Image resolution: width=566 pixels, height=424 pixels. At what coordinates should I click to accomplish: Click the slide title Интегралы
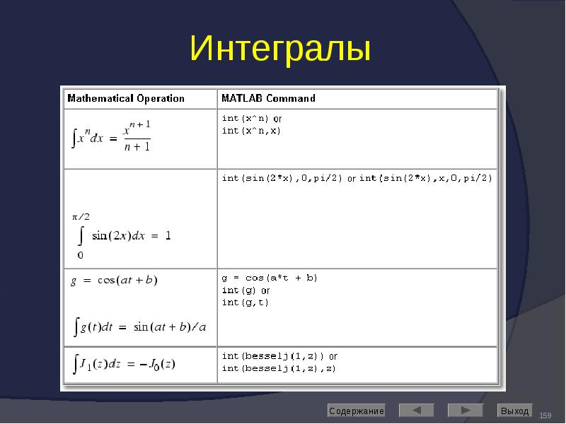[x=280, y=49]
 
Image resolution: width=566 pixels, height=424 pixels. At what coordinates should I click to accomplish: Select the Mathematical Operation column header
[x=126, y=98]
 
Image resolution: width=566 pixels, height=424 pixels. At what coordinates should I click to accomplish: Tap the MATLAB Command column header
[x=268, y=98]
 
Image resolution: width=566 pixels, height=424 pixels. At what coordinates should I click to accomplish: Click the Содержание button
[x=357, y=411]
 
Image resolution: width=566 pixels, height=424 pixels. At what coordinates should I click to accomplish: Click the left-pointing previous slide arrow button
[x=416, y=411]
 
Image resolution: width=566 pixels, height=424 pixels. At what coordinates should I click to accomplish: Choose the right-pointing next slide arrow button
[x=466, y=411]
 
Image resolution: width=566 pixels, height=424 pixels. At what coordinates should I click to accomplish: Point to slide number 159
[x=545, y=416]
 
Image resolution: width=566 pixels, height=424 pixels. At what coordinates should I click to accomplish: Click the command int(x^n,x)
[x=251, y=131]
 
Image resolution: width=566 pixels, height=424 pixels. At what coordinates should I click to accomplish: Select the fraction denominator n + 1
[x=137, y=147]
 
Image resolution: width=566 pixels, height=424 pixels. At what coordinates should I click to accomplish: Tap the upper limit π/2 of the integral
[x=81, y=217]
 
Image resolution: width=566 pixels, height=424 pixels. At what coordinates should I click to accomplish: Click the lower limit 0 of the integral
[x=80, y=255]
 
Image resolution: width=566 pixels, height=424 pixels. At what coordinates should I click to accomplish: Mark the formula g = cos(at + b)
[x=114, y=281]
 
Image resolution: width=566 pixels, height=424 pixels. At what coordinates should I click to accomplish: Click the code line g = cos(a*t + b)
[x=270, y=278]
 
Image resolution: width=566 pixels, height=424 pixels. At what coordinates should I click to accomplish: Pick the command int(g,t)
[x=245, y=302]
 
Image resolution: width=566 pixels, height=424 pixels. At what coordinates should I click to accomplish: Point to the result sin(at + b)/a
[x=170, y=327]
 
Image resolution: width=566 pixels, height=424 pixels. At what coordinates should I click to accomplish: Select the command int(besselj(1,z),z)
[x=279, y=368]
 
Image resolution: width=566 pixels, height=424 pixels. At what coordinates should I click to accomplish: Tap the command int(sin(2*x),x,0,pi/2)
[x=426, y=178]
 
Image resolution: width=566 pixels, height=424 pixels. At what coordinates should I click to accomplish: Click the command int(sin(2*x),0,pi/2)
[x=282, y=178]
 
